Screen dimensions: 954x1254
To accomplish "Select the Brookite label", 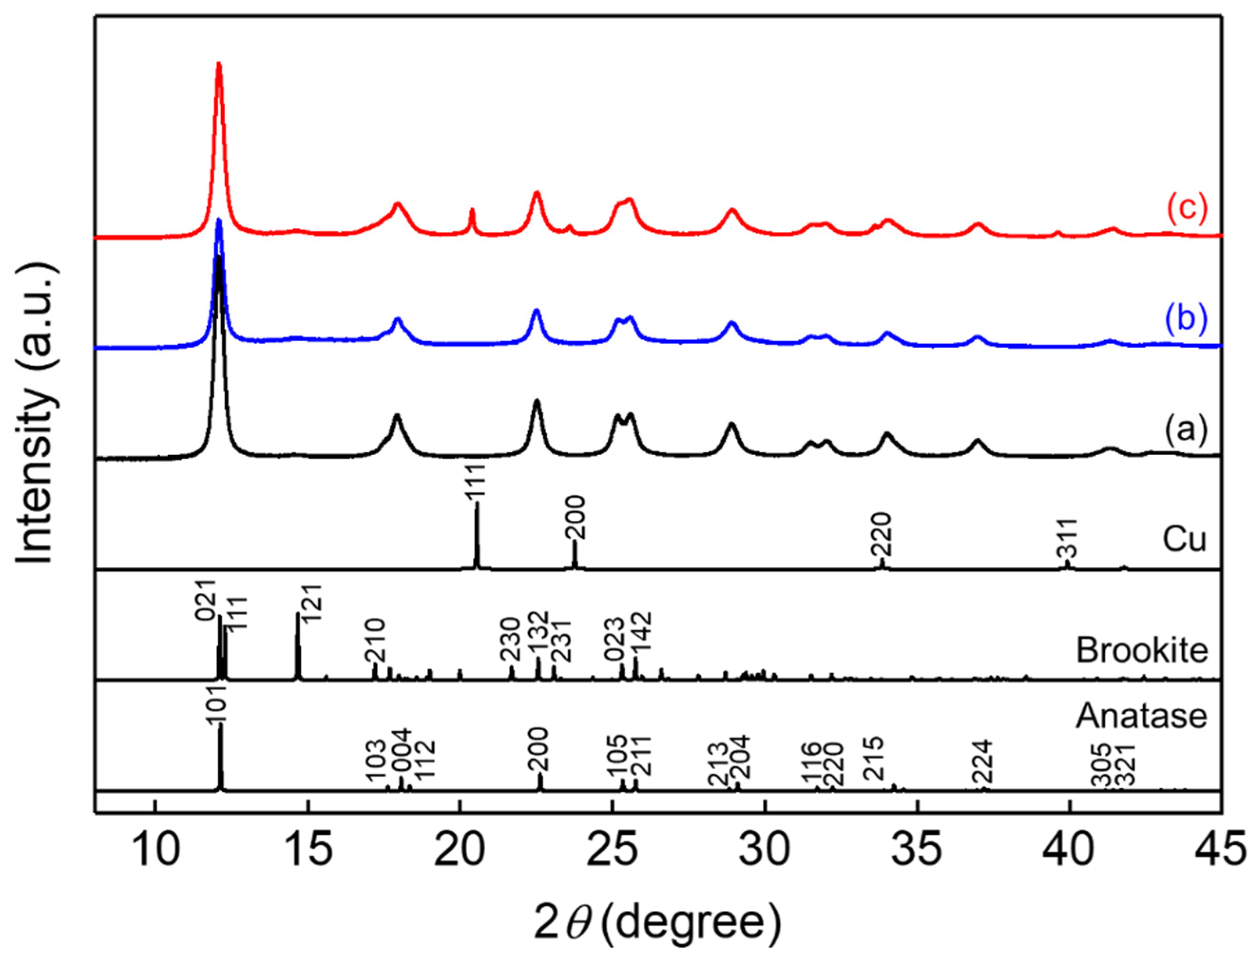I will click(x=1141, y=650).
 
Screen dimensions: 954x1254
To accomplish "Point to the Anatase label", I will click(x=1141, y=716).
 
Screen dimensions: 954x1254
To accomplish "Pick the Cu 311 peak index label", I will click(x=1066, y=538).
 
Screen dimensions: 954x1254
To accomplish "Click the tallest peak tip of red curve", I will click(x=219, y=64).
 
